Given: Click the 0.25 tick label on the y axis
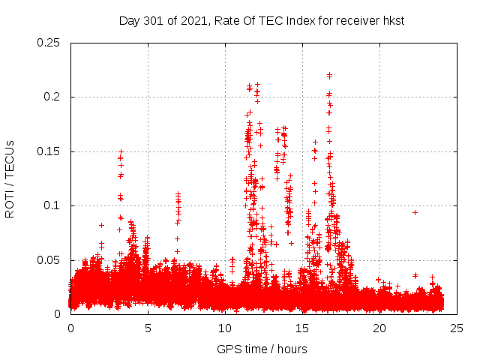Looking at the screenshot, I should pyautogui.click(x=49, y=43).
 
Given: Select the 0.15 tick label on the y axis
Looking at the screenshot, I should pyautogui.click(x=49, y=151).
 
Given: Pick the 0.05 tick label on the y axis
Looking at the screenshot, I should pyautogui.click(x=49, y=260).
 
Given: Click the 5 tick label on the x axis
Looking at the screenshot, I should pyautogui.click(x=148, y=328).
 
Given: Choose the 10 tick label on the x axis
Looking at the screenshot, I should pyautogui.click(x=225, y=328).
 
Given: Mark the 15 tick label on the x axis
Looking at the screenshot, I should pyautogui.click(x=302, y=328).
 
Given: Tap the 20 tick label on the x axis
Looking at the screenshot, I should pyautogui.click(x=379, y=328).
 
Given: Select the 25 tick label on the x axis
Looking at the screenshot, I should pyautogui.click(x=457, y=328).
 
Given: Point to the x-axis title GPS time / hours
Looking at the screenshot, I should pyautogui.click(x=262, y=349).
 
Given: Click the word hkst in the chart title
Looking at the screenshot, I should pyautogui.click(x=392, y=20).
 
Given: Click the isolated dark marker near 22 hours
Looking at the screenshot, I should pyautogui.click(x=415, y=212).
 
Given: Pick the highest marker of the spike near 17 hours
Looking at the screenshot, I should pyautogui.click(x=329, y=74).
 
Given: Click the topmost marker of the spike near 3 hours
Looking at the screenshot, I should pyautogui.click(x=121, y=151).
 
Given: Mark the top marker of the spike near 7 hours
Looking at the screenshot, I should pyautogui.click(x=178, y=193).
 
